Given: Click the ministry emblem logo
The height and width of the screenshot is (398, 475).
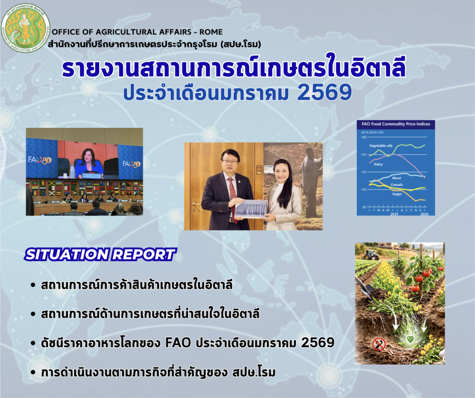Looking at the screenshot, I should tap(26, 26).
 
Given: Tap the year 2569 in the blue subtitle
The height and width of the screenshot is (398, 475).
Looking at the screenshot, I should tap(324, 93).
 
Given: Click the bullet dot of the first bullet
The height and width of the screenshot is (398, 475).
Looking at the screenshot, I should tap(32, 286).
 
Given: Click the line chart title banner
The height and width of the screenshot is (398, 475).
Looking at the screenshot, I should tap(395, 124).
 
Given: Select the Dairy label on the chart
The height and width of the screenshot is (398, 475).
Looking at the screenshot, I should tap(378, 164).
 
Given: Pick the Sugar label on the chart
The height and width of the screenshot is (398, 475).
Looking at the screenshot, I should tap(397, 194).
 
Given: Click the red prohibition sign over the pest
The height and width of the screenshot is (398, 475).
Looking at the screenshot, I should tap(379, 343).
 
